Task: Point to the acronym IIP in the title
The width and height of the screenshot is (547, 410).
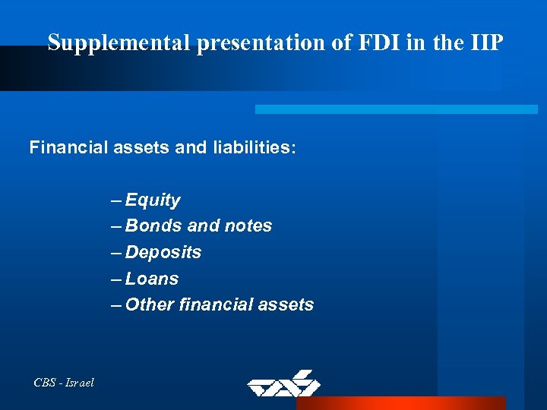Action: coord(482,43)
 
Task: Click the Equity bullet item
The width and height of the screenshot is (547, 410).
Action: coord(153,201)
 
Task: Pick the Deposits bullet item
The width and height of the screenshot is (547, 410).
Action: coord(163,252)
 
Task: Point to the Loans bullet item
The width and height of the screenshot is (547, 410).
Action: coord(152,279)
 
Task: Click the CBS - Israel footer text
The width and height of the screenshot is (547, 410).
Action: coord(64,383)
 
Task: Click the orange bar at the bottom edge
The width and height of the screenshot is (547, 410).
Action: coord(400,403)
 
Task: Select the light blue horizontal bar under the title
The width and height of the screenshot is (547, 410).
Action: coord(396,109)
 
